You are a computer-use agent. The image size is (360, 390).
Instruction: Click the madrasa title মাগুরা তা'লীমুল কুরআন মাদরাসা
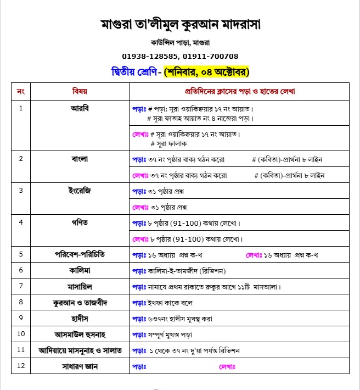(181, 24)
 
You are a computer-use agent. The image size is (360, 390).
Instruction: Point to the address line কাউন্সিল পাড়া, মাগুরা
(181, 42)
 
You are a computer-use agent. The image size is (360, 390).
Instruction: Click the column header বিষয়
(80, 91)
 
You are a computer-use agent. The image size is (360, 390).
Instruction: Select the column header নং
(21, 91)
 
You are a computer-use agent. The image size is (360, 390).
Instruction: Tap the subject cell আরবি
(80, 108)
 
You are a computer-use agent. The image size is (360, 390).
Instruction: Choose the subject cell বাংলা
(80, 159)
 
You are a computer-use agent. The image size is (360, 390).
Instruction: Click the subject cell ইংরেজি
(80, 191)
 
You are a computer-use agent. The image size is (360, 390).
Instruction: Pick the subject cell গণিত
(80, 222)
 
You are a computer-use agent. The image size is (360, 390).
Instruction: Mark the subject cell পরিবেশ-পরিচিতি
(80, 254)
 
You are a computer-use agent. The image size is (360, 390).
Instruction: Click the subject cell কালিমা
(80, 270)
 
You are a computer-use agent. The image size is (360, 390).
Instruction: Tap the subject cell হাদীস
(80, 318)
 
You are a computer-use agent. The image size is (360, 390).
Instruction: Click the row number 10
(21, 334)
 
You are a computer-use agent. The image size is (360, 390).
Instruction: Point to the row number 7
(21, 286)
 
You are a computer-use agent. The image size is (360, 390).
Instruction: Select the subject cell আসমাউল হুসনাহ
(80, 334)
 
